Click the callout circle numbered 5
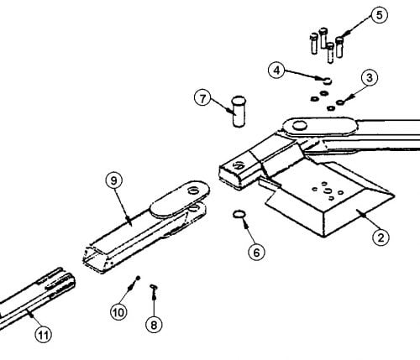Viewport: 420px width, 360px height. click(380, 15)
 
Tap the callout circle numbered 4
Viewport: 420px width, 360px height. click(276, 70)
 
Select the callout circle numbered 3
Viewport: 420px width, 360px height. click(370, 77)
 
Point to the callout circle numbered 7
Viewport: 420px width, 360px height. click(202, 98)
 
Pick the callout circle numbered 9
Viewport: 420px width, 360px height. click(114, 180)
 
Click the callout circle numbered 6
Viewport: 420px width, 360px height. click(256, 252)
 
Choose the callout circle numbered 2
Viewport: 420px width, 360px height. click(381, 237)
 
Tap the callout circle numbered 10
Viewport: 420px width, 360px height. click(118, 312)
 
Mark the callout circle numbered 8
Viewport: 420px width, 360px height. click(154, 325)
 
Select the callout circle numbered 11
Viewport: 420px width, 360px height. click(44, 334)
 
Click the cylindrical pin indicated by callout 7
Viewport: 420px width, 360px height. click(239, 112)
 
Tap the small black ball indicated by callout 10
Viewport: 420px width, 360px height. click(138, 278)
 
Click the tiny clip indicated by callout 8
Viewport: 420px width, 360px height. click(154, 287)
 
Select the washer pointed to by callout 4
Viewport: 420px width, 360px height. click(327, 81)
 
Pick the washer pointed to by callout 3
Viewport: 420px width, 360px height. click(340, 102)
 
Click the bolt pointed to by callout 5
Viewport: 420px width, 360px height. click(339, 47)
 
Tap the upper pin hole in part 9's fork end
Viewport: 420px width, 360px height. click(192, 191)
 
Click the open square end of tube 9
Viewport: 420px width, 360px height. click(95, 258)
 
